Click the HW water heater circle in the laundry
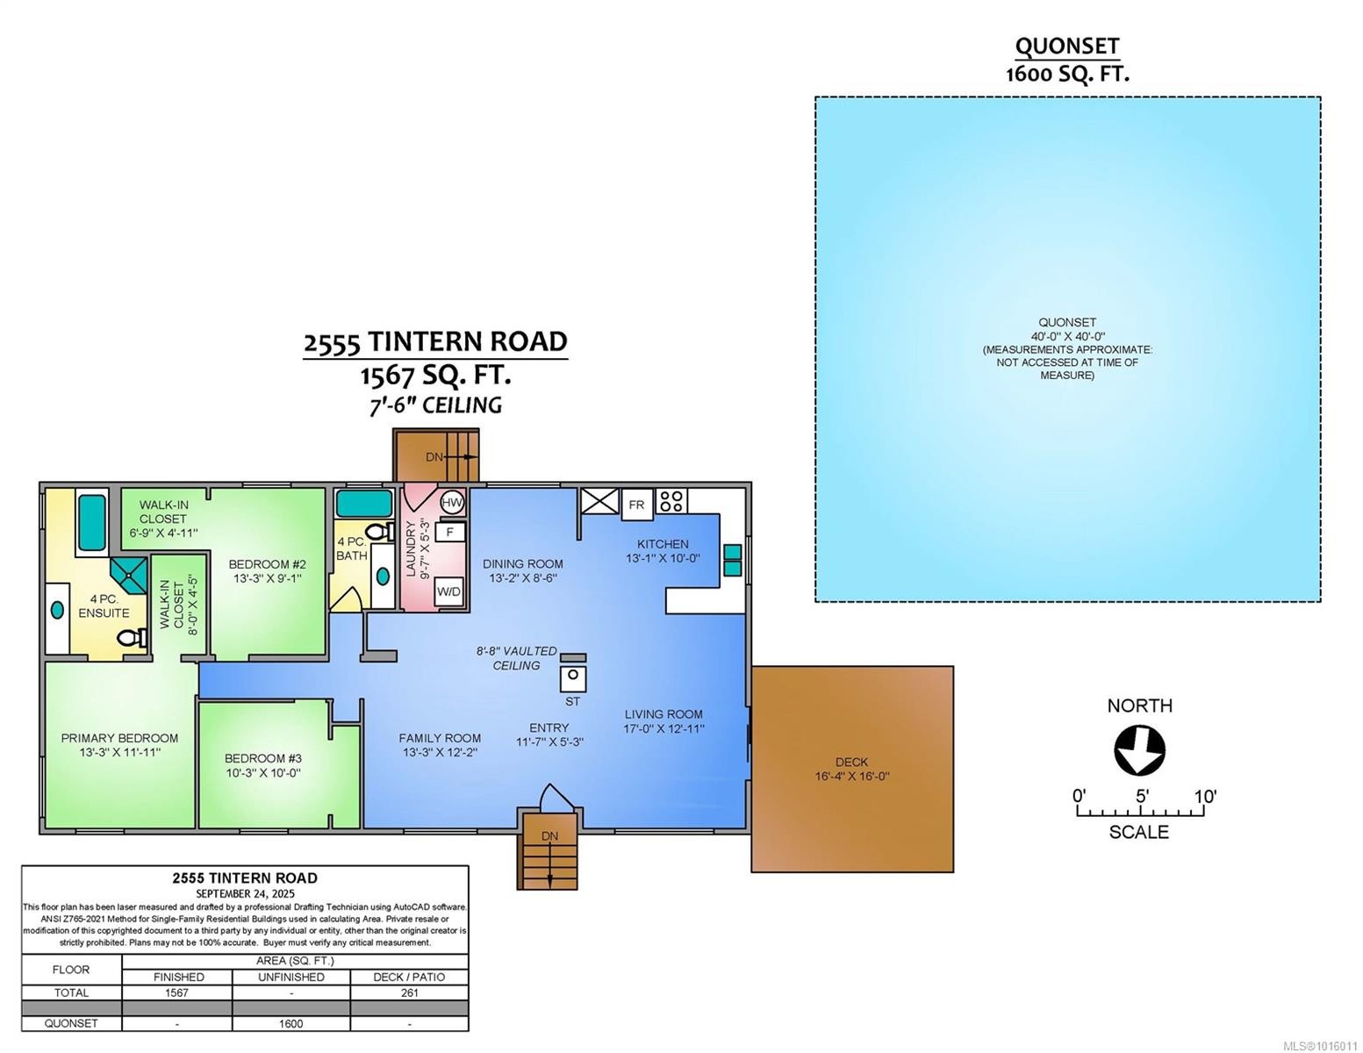click(x=452, y=503)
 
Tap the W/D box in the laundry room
click(x=448, y=591)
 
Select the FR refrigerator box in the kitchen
click(x=637, y=505)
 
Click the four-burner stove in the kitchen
click(x=672, y=501)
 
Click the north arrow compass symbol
click(x=1139, y=751)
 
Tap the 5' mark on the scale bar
click(x=1142, y=797)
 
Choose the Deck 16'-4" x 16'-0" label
click(x=851, y=769)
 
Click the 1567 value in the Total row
click(x=177, y=992)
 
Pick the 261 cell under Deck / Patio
click(x=409, y=992)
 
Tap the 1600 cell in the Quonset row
click(x=291, y=1023)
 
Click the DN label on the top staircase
click(x=434, y=457)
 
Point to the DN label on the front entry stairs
click(x=549, y=836)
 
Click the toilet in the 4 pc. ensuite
click(x=132, y=637)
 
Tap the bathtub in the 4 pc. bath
click(x=363, y=503)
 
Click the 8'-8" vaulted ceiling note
click(x=516, y=658)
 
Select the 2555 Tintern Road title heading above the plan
click(x=435, y=341)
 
